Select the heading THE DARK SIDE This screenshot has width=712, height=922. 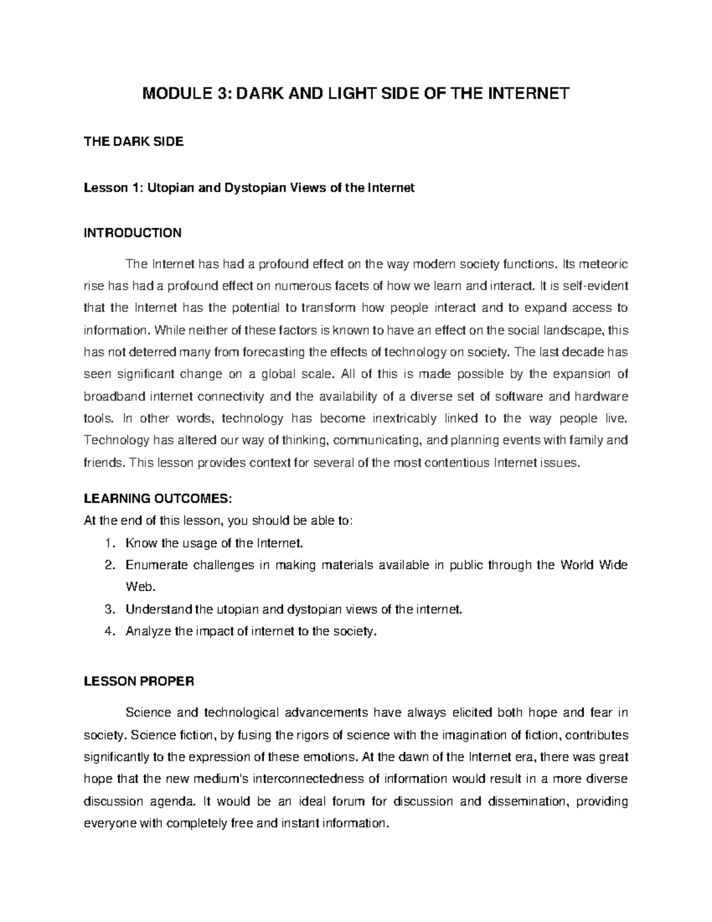point(133,142)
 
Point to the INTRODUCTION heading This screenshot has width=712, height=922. point(132,233)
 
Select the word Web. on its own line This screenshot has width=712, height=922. point(140,587)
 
